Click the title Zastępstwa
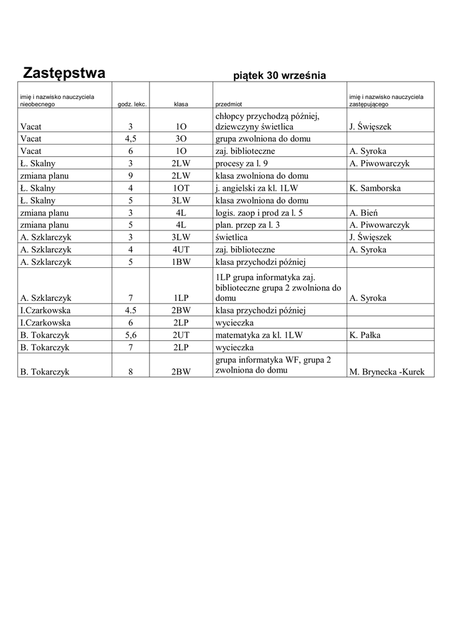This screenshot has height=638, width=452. [x=64, y=73]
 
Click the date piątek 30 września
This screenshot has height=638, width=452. [x=279, y=76]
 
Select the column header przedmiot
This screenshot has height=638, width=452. [x=228, y=104]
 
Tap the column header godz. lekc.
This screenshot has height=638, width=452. [x=132, y=104]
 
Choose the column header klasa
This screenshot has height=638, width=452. [x=181, y=104]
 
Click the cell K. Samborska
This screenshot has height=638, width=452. [x=375, y=188]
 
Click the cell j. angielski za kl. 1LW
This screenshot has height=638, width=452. [x=259, y=188]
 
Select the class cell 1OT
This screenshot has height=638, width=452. [x=181, y=188]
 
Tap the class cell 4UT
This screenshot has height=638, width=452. [x=181, y=250]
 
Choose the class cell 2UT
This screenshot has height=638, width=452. [x=181, y=335]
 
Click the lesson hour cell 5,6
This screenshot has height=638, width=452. [x=131, y=335]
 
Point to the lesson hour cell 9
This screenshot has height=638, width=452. [x=131, y=176]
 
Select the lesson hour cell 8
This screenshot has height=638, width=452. [x=131, y=372]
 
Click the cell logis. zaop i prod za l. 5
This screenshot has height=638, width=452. [x=259, y=212]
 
